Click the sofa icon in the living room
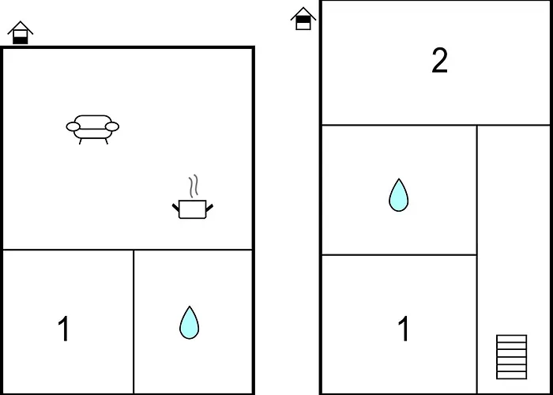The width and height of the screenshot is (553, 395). (x=92, y=130)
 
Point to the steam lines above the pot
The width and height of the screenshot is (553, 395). (x=194, y=186)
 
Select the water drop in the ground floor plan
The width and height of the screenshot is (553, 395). (x=189, y=322)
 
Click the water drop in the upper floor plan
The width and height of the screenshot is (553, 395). (x=398, y=195)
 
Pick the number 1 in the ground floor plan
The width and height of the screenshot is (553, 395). (x=64, y=329)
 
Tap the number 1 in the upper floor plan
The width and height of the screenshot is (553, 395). (x=404, y=329)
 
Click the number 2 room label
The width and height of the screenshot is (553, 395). (x=439, y=61)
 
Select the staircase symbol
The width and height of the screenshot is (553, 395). (x=511, y=357)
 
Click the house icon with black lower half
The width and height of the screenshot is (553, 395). (x=21, y=32)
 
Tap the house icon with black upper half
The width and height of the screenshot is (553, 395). (x=303, y=19)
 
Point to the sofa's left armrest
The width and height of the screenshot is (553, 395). (x=73, y=126)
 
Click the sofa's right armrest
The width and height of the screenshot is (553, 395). (x=112, y=126)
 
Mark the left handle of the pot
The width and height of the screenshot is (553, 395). (x=175, y=207)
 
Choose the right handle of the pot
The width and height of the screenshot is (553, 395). (x=209, y=207)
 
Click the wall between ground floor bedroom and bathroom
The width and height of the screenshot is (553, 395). (x=134, y=322)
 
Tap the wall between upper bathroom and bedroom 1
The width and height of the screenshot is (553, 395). (x=399, y=254)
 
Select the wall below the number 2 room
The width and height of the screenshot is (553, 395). (x=436, y=125)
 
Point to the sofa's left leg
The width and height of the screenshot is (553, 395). (x=81, y=141)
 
